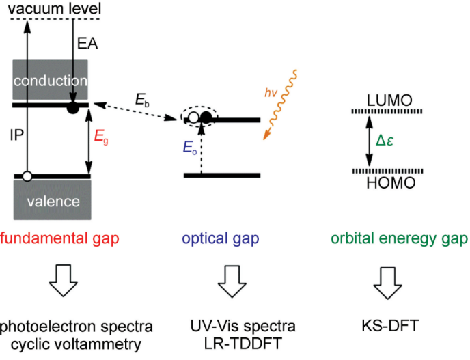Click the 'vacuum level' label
click(x=55, y=8)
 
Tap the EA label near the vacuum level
click(x=87, y=44)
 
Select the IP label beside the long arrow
click(x=16, y=135)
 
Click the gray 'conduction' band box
click(x=50, y=80)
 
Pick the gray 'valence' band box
click(x=53, y=199)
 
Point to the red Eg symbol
click(x=101, y=137)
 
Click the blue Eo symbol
click(x=190, y=148)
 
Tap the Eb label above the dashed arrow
click(x=142, y=100)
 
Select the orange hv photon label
click(x=271, y=93)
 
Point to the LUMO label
click(x=389, y=100)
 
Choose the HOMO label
click(x=391, y=182)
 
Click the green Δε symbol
click(x=385, y=140)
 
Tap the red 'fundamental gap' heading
click(x=59, y=239)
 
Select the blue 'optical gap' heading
click(x=221, y=239)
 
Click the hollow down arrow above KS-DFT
click(x=387, y=283)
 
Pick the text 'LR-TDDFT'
click(x=243, y=344)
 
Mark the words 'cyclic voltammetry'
click(x=76, y=344)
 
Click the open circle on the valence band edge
click(x=27, y=176)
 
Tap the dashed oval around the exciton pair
click(x=199, y=117)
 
